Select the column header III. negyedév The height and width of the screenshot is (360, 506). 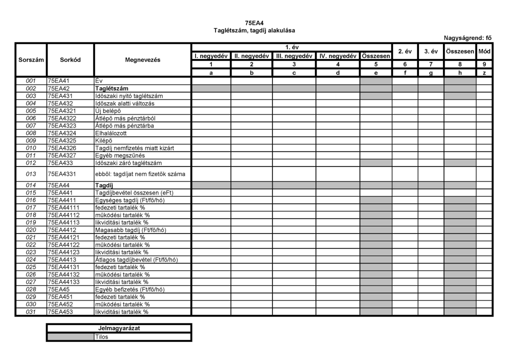294,55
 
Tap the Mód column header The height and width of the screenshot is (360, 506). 484,51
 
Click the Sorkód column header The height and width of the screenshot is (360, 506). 70,59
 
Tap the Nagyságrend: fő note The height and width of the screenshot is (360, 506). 467,37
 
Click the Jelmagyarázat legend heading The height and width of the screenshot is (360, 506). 119,328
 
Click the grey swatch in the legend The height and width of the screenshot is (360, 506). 70,336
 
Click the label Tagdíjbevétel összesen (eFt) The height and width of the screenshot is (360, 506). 134,192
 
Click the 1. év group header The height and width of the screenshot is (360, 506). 292,47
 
